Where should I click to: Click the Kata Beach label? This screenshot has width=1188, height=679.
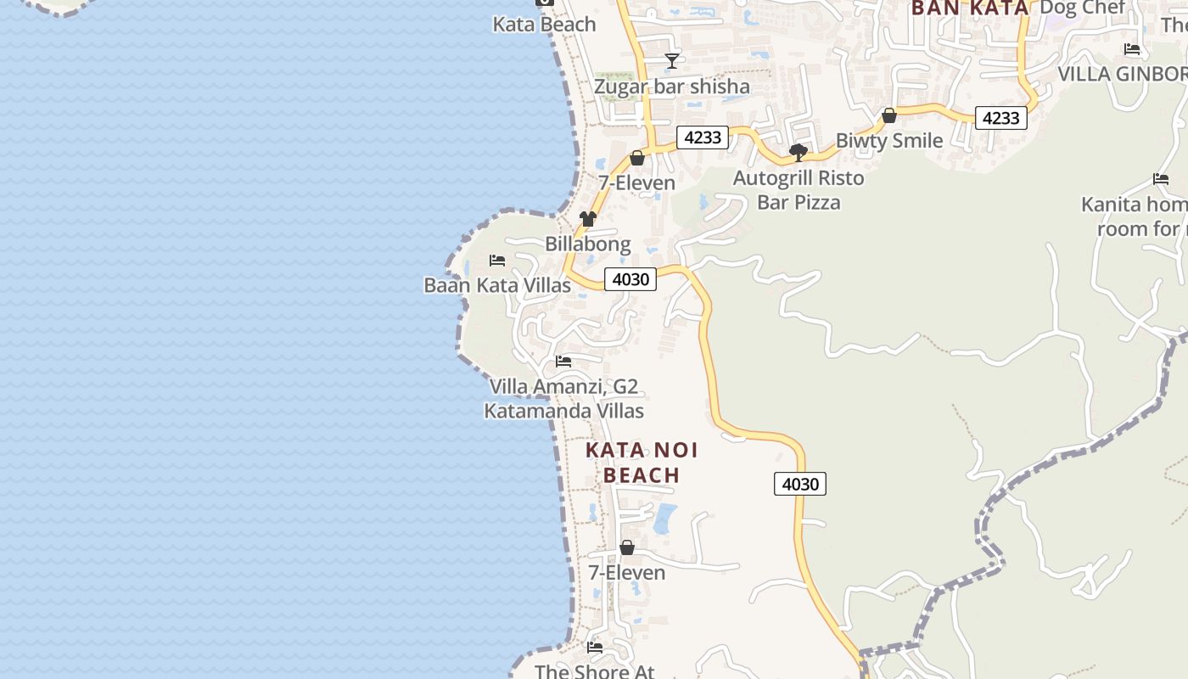click(544, 25)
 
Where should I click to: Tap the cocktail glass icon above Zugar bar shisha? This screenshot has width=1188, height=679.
click(672, 60)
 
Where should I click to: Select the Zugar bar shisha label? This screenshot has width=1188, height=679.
click(671, 87)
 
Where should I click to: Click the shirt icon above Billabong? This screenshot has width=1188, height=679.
click(588, 219)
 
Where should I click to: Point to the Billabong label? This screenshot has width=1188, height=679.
click(587, 244)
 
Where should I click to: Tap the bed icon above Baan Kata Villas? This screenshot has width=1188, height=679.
click(497, 260)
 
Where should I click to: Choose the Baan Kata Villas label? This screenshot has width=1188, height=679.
click(497, 285)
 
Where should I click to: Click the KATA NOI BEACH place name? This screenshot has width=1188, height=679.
click(642, 463)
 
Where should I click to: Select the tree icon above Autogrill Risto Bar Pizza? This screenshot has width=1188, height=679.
click(798, 153)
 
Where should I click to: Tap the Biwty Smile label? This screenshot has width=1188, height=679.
click(889, 141)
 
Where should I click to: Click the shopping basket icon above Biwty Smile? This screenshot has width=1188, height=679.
click(889, 115)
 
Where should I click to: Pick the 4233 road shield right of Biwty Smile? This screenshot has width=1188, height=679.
click(1000, 118)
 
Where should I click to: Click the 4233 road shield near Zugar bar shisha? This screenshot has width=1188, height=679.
click(703, 137)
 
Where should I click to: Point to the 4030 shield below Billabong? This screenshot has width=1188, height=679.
click(630, 279)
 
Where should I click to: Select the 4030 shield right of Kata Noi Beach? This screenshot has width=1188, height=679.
click(799, 485)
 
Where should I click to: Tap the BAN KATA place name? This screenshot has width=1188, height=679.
click(969, 8)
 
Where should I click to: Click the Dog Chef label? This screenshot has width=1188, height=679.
click(1082, 8)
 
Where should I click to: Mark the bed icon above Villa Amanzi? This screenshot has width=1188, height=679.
click(563, 362)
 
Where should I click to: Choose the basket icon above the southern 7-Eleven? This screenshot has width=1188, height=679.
click(627, 548)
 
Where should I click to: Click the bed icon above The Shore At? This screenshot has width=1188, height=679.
click(595, 648)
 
